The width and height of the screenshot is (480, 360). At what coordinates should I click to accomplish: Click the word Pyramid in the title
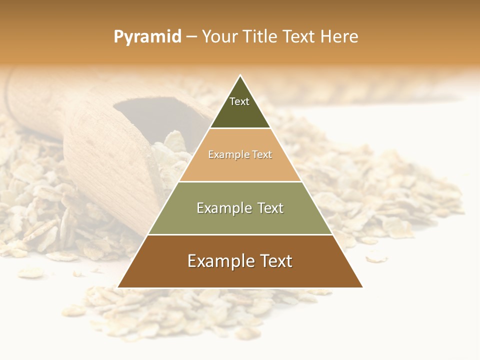[x=147, y=37]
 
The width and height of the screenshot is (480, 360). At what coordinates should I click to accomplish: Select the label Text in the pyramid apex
[x=239, y=101]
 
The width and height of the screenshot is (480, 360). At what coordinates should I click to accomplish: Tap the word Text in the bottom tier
[x=276, y=261]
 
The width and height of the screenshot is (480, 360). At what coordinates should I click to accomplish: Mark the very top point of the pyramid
[x=240, y=75]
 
